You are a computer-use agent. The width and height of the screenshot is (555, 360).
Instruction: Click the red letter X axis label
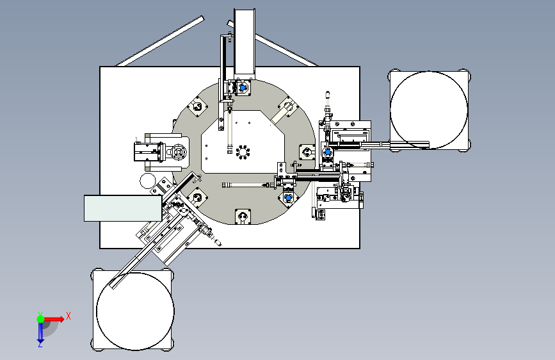(68, 315)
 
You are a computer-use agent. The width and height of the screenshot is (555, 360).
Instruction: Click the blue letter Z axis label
(40, 344)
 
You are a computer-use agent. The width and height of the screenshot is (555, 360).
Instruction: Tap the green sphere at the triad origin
(40, 318)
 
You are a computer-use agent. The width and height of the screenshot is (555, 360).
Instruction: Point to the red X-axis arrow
(55, 318)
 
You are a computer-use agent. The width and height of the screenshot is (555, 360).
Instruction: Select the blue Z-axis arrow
(40, 331)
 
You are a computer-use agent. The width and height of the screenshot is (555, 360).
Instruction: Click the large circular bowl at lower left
(134, 311)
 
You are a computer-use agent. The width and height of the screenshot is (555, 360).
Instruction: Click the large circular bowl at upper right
(429, 109)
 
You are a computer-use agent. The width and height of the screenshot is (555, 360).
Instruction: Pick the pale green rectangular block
(122, 208)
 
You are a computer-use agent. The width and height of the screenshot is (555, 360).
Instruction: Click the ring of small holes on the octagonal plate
(243, 152)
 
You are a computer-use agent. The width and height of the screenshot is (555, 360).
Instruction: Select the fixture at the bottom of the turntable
(243, 217)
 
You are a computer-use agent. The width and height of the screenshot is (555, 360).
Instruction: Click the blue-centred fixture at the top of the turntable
(243, 88)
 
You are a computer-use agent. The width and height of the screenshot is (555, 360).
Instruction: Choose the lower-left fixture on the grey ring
(197, 197)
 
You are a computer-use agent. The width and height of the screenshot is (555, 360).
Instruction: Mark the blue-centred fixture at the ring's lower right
(289, 197)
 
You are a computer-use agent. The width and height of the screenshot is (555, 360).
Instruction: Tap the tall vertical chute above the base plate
(245, 42)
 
